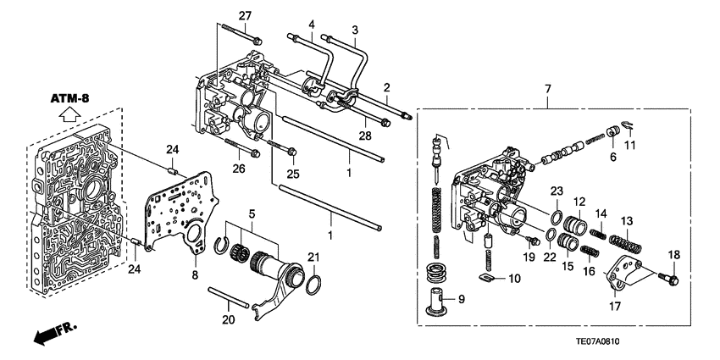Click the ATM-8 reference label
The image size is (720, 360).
[70, 99]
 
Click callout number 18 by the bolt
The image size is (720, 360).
[674, 256]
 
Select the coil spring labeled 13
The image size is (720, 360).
[629, 244]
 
